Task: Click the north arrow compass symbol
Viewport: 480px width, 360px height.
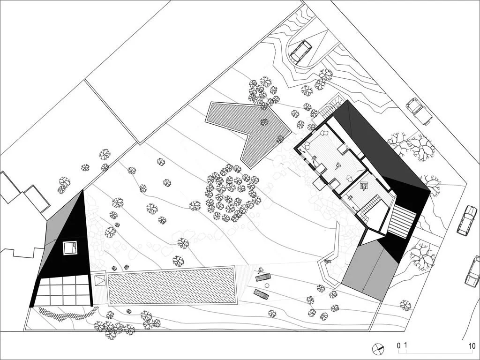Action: coord(378,349)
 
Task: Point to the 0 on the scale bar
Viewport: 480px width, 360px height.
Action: coord(398,346)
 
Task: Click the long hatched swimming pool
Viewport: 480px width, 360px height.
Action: coord(171,286)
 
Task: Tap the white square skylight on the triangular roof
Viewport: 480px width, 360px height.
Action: coord(70,247)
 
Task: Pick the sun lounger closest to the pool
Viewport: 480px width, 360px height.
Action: coord(261,294)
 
